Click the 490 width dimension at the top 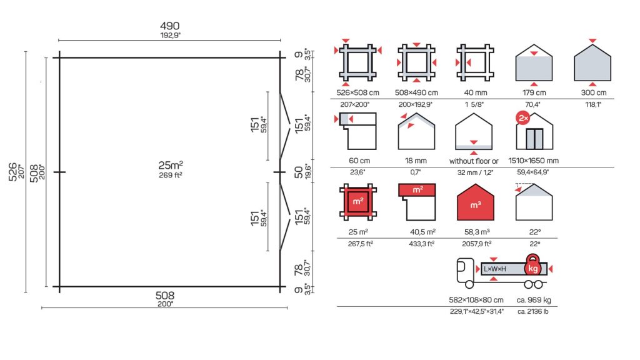[170, 26]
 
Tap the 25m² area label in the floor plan [171, 165]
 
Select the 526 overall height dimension [13, 172]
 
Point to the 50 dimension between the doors [299, 172]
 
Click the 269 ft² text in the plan [171, 175]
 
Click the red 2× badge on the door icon [523, 118]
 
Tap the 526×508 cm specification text [357, 92]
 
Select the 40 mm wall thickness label [476, 92]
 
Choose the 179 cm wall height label [534, 92]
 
